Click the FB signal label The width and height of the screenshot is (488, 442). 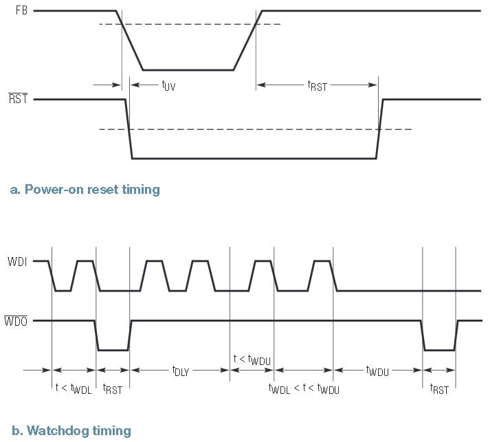click(x=21, y=10)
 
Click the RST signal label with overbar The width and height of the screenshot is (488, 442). click(x=18, y=98)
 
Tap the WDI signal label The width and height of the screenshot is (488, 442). click(x=17, y=261)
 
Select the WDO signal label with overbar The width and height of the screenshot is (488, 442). click(x=16, y=320)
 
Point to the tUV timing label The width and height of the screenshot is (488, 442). click(x=168, y=85)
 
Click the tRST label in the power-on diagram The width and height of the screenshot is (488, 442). click(x=317, y=86)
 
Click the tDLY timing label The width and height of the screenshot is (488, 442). click(x=181, y=371)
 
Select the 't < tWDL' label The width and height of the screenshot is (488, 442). click(x=74, y=389)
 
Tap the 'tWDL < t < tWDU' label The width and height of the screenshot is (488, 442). click(x=304, y=389)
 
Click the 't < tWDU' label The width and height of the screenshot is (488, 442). click(x=252, y=360)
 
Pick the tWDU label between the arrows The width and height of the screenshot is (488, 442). click(x=377, y=371)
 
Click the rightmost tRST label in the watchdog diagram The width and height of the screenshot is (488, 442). click(x=439, y=389)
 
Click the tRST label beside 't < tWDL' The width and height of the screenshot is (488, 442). click(x=112, y=389)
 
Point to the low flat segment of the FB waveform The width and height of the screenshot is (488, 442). click(x=188, y=70)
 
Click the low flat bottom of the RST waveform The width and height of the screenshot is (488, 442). click(x=254, y=158)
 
